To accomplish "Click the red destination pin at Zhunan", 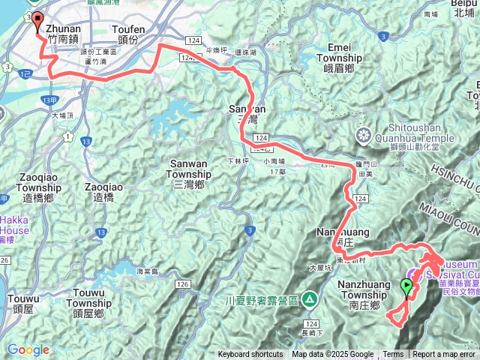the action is (x=37, y=21).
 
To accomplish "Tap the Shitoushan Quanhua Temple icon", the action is (x=364, y=136).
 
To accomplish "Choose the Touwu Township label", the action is (x=88, y=298).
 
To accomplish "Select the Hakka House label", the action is (x=14, y=225).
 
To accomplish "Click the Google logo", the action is (x=28, y=349).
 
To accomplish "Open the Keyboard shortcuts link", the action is (x=250, y=355).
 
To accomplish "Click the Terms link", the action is (x=393, y=355).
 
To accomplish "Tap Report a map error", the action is (x=445, y=355).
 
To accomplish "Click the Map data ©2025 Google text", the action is (x=333, y=355).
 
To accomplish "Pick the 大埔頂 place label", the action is (x=64, y=115).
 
